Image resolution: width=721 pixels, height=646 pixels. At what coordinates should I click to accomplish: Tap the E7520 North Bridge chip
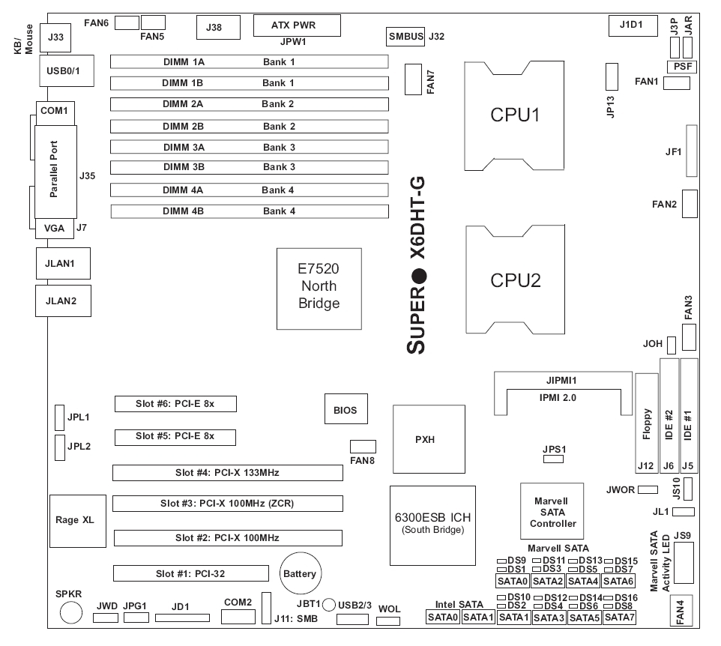319,288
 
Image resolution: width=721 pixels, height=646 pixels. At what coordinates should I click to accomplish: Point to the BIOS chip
346,411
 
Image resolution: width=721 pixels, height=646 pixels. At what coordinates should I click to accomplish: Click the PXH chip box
424,440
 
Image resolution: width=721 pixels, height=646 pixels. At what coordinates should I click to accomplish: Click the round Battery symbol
299,574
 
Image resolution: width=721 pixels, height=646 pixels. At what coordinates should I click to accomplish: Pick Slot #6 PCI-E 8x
175,404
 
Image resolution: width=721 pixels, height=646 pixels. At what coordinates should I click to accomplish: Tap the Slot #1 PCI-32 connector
191,574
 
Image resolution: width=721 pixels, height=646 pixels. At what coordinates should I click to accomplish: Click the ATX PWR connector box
297,25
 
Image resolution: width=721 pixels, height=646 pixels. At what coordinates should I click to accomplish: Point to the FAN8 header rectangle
363,447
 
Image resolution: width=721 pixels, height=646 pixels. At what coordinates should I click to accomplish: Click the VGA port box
55,228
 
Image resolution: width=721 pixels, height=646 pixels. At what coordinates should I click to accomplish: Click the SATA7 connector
620,617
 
